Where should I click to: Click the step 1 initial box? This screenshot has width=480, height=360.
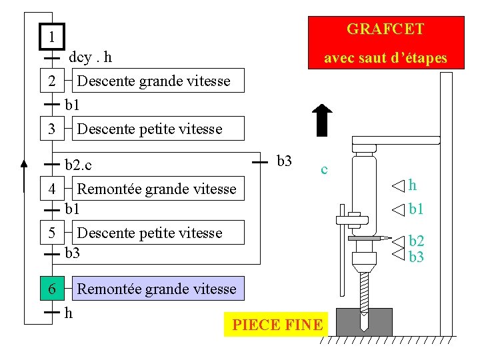(x=51, y=36)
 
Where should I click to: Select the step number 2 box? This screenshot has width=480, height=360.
(x=51, y=81)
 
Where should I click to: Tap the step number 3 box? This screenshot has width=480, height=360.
(x=51, y=129)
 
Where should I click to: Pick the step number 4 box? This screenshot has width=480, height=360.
(x=51, y=189)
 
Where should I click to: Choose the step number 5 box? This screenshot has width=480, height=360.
(x=51, y=233)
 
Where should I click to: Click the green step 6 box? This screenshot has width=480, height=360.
(x=51, y=289)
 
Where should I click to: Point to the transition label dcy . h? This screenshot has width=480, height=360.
(x=90, y=57)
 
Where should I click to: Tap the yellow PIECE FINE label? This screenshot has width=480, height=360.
(x=277, y=325)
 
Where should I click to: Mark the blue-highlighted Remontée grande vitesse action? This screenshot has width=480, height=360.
(x=157, y=289)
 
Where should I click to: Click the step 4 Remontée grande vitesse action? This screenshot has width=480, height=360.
(x=157, y=189)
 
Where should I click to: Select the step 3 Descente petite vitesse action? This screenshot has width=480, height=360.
(x=150, y=129)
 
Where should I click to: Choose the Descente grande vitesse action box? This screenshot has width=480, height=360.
(x=153, y=81)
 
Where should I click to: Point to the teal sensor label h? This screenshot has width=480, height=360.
(x=413, y=185)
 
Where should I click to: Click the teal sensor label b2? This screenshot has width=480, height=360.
(x=416, y=241)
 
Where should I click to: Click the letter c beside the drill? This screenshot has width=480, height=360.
(x=324, y=169)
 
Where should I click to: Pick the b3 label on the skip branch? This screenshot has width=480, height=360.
(x=284, y=161)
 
